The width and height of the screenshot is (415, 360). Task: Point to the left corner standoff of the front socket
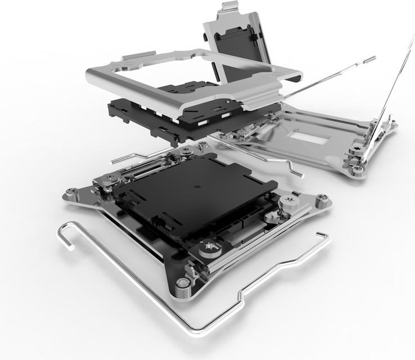pos(71,194)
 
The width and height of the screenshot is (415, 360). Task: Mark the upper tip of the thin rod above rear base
pos(372,58)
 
